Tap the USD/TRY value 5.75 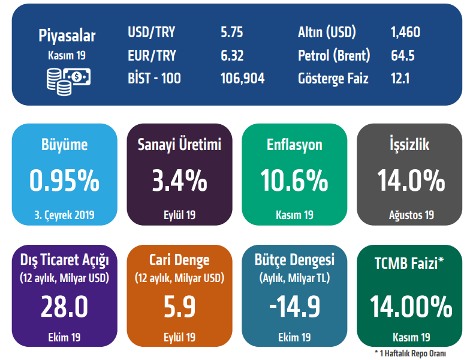[231, 32]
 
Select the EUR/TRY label [152, 56]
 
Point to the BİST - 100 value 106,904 [242, 79]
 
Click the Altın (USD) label [327, 32]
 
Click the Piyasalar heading [67, 35]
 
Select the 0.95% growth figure [64, 179]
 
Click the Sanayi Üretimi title [179, 145]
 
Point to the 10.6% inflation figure [294, 179]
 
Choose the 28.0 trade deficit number [64, 306]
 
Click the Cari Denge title [179, 260]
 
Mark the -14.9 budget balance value [294, 306]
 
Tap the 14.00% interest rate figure [411, 307]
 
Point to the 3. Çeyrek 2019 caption [64, 215]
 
